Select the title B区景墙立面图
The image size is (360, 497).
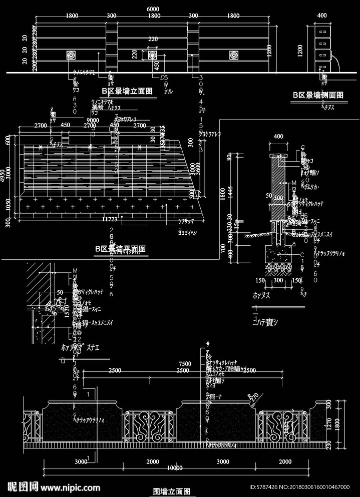coord(127,91)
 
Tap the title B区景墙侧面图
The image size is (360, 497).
coord(318,95)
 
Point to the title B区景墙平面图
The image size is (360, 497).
coord(120,249)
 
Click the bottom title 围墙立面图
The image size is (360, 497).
coord(172,492)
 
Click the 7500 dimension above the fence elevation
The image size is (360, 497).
coord(185,364)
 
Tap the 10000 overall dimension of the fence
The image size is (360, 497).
coord(174,467)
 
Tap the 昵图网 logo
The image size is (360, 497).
coord(23,486)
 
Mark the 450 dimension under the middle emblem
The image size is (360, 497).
coord(156,66)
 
